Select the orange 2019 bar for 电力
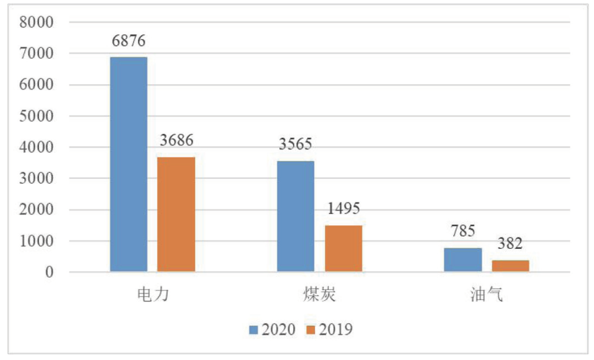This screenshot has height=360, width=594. pos(176,214)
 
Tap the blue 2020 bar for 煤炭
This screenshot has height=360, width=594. pos(295,216)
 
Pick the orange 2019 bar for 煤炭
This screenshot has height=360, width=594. pos(343,248)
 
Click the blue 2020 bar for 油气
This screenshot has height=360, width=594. pos(463,259)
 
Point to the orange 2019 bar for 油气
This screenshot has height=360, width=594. pos(510,265)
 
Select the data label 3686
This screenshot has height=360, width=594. pos(176,141)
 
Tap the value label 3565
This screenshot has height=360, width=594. pos(295,145)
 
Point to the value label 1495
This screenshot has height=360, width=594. pos(343,209)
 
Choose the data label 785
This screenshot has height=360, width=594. pos(463,231)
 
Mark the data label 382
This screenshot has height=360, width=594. pos(510,244)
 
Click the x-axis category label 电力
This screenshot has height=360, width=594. pos(152,296)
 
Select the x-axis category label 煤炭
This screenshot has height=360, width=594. pos(319,296)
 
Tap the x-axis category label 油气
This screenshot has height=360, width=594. pos(486,296)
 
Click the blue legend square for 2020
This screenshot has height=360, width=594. pos(254,330)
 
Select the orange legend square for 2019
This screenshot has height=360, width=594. pos(311,330)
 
